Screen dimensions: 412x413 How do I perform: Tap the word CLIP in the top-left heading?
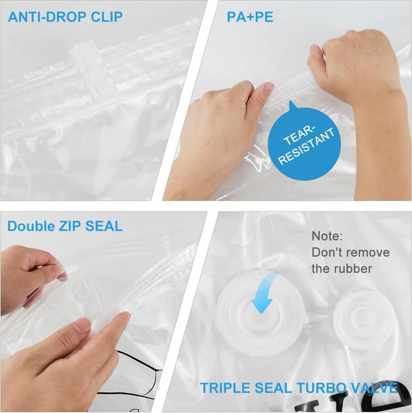107,17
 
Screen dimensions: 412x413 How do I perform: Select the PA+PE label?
250,17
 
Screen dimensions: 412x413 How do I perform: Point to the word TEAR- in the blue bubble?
299,135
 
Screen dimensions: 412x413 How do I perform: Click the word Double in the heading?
31,226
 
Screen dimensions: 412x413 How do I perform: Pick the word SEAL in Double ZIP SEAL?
104,226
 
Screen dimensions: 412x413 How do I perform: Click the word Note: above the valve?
327,236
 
